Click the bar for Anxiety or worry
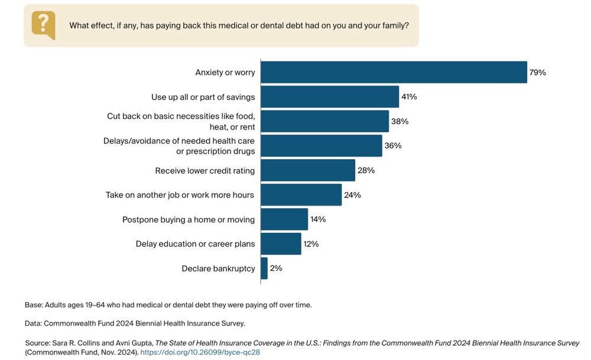[x=394, y=72]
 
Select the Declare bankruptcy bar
[x=264, y=268]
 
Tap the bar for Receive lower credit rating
[x=308, y=170]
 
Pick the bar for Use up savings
[x=330, y=96]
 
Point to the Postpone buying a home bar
[x=284, y=219]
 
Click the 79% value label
[x=538, y=73]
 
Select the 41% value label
[x=409, y=97]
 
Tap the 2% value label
[x=276, y=268]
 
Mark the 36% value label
[x=394, y=145]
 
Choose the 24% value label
[x=353, y=195]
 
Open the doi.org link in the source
[x=200, y=352]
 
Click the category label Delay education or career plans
[x=195, y=244]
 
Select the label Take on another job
[x=180, y=195]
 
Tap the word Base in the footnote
[x=34, y=305]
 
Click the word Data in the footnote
[x=33, y=323]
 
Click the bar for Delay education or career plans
[x=281, y=244]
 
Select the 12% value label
[x=311, y=244]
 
